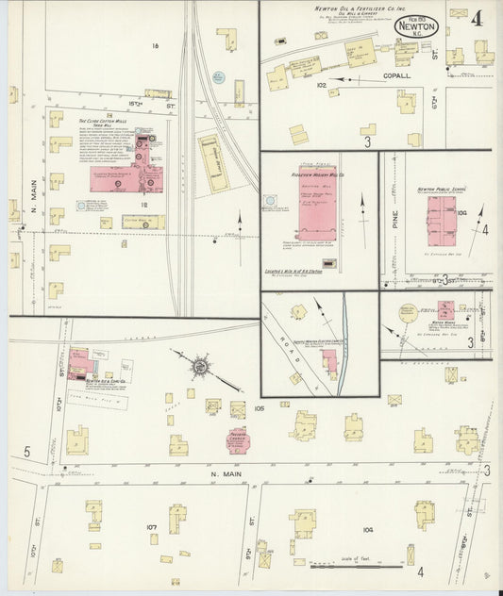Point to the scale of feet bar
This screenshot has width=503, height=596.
[x=345, y=566]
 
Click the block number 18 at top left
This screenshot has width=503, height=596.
[x=154, y=45]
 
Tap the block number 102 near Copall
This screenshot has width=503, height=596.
[x=320, y=86]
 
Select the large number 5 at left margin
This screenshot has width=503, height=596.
[x=26, y=454]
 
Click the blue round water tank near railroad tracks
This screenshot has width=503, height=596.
[x=218, y=75]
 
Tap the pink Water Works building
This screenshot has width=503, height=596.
[x=445, y=310]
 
